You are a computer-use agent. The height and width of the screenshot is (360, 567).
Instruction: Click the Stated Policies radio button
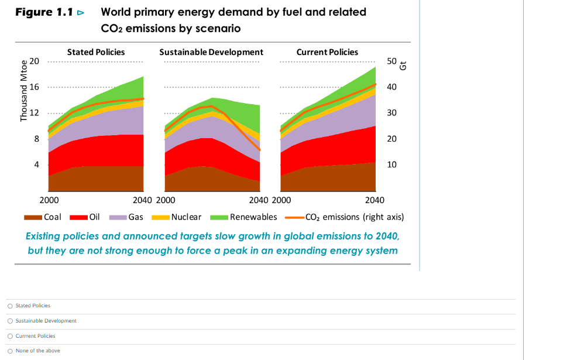click(11, 306)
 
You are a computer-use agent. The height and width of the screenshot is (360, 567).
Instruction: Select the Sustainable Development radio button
click(11, 321)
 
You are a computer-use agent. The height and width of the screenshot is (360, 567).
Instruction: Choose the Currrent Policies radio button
click(11, 336)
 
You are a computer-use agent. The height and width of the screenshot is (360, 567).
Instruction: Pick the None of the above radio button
click(11, 351)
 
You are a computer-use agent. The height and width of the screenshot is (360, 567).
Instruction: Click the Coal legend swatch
click(33, 217)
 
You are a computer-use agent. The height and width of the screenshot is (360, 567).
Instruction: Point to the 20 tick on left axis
click(35, 61)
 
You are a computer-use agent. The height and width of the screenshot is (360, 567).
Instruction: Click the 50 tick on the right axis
click(391, 61)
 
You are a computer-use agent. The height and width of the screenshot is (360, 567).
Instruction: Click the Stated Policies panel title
click(96, 52)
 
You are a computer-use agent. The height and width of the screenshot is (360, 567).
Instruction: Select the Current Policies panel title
click(327, 52)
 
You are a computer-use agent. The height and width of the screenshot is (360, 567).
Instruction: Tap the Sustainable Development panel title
click(211, 52)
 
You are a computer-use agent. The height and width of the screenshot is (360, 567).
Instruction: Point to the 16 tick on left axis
click(35, 87)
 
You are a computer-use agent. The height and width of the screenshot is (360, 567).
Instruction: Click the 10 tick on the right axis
click(391, 164)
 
